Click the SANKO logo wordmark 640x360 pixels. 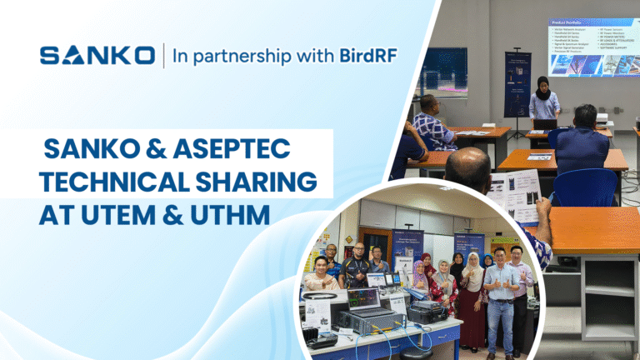[x=97, y=56]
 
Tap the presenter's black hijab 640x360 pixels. [x=542, y=86]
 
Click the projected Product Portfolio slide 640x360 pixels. [x=593, y=47]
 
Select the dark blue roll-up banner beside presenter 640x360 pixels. [x=517, y=83]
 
